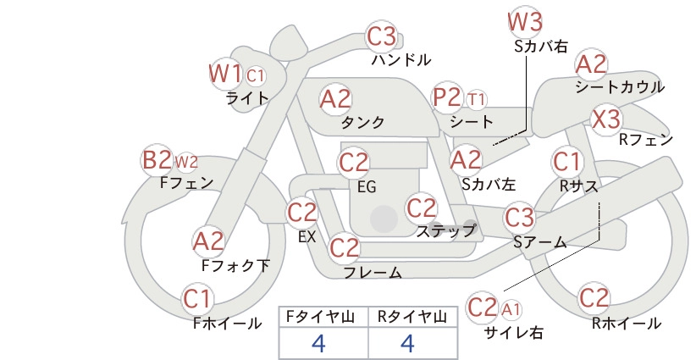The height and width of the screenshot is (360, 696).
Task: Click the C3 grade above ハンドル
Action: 382,36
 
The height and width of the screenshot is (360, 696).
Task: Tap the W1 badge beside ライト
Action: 225,73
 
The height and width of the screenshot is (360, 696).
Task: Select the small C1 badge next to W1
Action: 255,76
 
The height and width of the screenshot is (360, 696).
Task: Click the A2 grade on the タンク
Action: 335,99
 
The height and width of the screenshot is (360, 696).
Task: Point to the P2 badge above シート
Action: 448,97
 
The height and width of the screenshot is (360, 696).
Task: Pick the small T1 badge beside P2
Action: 477,99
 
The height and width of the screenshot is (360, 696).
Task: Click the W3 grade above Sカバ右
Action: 525,22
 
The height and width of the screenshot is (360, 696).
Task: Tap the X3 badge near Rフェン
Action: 606,119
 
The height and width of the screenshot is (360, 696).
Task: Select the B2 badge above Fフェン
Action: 157,160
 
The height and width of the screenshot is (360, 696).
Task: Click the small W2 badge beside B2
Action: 186,162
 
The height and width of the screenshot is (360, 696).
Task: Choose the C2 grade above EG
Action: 353,163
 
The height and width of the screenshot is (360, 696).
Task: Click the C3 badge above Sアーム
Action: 519,218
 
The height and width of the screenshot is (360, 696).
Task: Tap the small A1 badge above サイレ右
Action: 511,309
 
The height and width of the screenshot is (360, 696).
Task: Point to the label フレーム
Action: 373,272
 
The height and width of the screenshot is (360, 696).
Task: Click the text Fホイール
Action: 227,324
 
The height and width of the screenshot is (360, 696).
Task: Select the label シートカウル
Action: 620,87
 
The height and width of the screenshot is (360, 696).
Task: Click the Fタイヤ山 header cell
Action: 323,317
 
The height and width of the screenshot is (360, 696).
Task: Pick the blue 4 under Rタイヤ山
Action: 407,343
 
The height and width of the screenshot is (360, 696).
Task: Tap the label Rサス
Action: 578,186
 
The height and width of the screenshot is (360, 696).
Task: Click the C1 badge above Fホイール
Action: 196,299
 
